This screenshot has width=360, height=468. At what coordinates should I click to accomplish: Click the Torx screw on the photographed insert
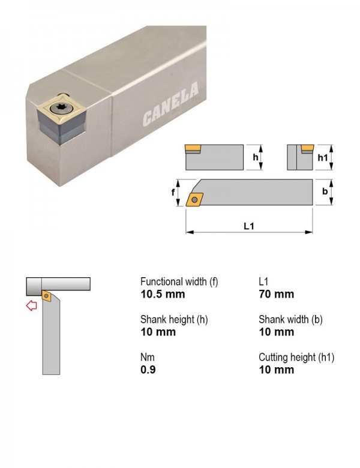click(62, 107)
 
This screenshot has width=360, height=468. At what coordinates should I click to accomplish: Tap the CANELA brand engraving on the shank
click(171, 104)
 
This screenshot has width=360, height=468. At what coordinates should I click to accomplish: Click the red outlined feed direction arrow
click(31, 305)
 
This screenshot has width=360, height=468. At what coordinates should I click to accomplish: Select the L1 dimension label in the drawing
click(248, 226)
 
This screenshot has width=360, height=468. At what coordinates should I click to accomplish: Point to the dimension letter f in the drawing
click(173, 193)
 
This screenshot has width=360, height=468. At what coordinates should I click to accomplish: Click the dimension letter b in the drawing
click(325, 191)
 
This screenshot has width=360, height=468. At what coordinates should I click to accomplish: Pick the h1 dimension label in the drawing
click(323, 157)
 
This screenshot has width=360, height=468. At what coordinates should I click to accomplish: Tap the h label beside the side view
click(256, 157)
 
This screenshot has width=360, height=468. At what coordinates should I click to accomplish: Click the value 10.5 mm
click(163, 294)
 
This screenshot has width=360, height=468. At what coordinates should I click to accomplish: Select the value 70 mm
click(277, 294)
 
